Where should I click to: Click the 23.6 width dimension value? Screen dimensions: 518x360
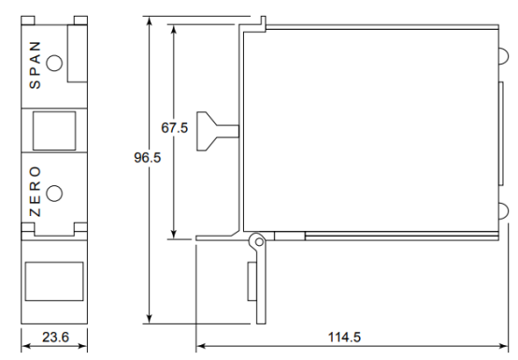coord(55,338)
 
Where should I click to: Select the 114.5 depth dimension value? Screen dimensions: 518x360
coord(344,338)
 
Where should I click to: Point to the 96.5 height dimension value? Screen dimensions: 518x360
coord(148,157)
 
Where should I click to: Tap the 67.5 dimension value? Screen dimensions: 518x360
coord(175,128)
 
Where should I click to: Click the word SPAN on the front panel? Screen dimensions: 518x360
coord(35,65)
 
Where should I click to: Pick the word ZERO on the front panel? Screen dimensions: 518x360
coord(35,192)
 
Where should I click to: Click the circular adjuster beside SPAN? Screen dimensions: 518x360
coord(54,63)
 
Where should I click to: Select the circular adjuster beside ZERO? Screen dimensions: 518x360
coord(54,194)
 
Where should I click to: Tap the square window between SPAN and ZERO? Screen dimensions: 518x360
coord(54,131)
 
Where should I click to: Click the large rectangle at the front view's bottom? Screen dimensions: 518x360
coord(54,281)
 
